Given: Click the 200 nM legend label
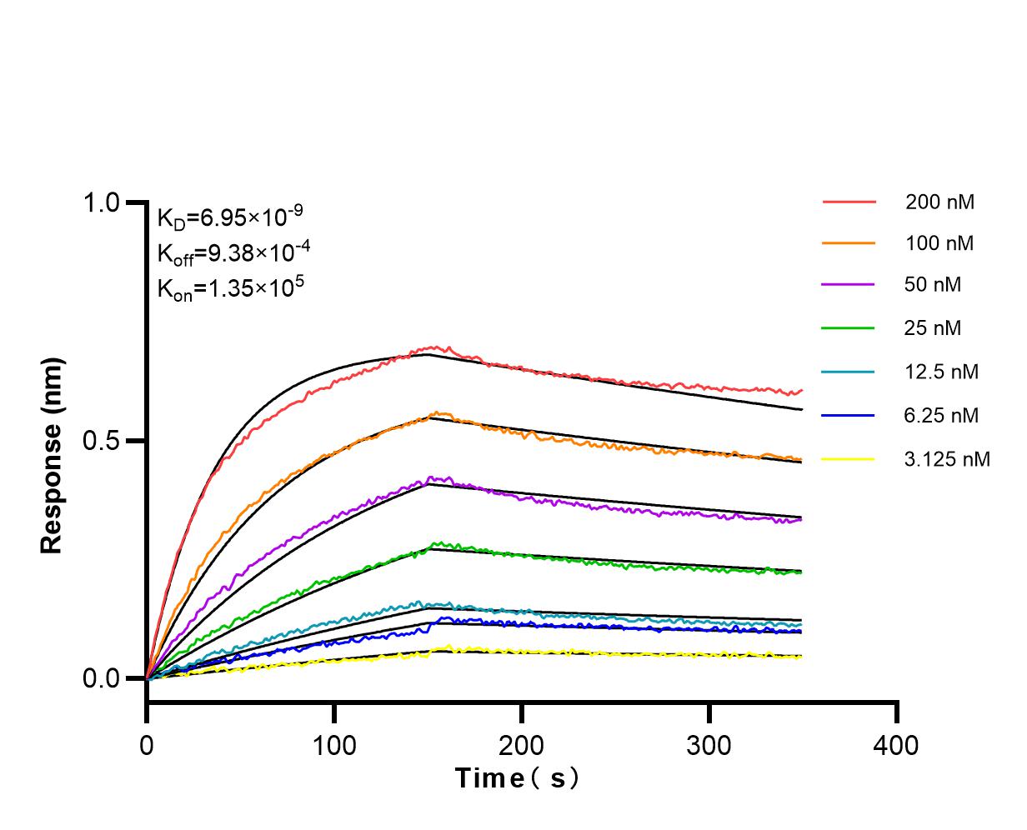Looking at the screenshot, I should (939, 202).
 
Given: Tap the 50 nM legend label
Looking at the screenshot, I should (933, 285).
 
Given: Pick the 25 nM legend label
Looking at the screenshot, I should (933, 328).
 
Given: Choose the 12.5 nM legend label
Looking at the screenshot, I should (941, 372).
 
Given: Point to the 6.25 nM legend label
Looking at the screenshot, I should (941, 415).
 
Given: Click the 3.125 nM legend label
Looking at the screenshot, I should (947, 458).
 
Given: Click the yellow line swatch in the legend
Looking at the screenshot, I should (849, 458).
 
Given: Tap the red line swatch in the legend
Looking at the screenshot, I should (849, 202).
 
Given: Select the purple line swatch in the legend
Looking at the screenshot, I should (849, 285).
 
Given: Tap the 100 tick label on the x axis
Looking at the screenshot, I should (334, 744).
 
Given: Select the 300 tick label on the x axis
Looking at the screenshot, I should (709, 744).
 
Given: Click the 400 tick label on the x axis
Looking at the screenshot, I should (897, 744).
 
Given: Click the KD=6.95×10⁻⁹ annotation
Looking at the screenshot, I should (230, 217).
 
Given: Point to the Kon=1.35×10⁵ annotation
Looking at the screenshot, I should (231, 287).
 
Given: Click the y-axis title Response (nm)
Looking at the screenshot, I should (52, 455).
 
